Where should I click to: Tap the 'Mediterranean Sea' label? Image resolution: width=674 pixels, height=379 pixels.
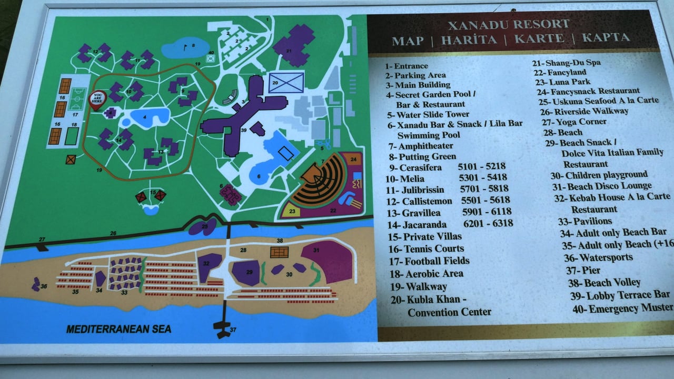coord(118,329)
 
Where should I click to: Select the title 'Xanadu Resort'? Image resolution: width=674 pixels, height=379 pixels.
coord(508,24)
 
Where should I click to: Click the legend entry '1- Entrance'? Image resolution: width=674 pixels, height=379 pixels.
coord(406,66)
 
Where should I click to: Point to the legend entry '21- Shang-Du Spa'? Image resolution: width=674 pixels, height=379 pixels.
coord(567,63)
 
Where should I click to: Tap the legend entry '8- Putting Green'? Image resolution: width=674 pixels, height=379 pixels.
coord(422,157)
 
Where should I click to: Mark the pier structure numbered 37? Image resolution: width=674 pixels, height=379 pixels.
coord(224,326)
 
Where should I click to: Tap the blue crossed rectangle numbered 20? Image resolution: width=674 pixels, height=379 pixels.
coord(286,83)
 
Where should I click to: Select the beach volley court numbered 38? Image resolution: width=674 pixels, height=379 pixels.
coord(279,252)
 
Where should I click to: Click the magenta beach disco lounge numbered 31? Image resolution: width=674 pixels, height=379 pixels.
coord(330,260)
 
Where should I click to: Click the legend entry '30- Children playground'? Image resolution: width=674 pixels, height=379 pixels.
coord(599,175)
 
